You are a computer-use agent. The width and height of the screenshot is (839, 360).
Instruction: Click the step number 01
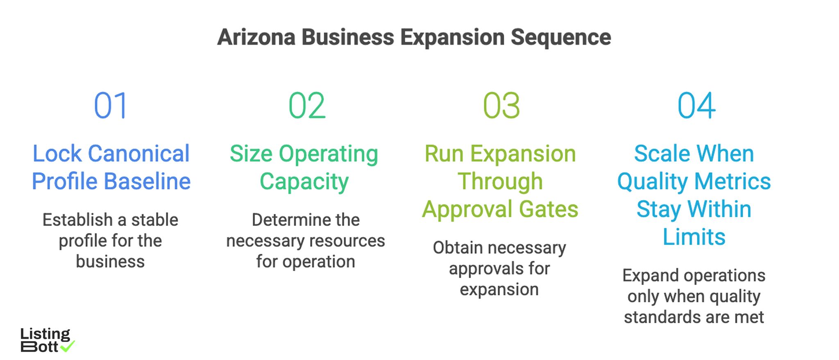(111, 106)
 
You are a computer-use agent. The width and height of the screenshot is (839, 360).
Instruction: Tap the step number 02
(307, 106)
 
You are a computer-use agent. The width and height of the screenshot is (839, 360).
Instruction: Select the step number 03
(501, 106)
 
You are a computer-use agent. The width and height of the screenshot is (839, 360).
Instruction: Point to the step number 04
(696, 106)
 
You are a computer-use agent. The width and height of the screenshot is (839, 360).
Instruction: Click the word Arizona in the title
(256, 37)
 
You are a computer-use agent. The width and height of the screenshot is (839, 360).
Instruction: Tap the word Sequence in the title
(561, 37)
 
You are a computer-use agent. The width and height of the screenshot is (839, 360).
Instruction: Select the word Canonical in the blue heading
(139, 154)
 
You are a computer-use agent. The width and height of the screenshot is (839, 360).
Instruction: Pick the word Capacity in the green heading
(304, 181)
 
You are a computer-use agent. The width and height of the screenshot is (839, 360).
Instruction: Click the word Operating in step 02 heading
(328, 154)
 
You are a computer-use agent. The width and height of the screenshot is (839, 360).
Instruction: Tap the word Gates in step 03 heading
(549, 209)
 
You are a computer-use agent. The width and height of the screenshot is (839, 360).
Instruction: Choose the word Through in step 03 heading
(500, 181)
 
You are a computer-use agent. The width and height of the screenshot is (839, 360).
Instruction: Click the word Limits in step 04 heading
(694, 237)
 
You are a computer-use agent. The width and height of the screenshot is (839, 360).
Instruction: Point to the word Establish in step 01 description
(77, 220)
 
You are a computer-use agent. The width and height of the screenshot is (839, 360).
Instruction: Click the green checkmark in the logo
(68, 346)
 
